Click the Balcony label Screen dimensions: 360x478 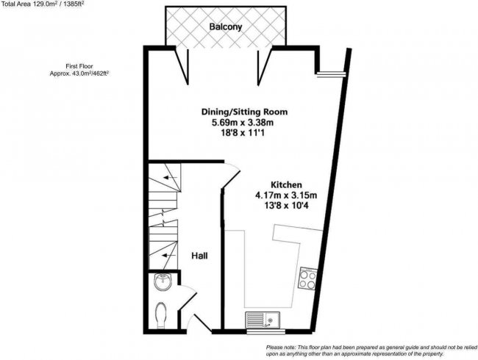[226, 27]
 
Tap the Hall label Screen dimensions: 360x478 [199, 256]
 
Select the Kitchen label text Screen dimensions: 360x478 [285, 184]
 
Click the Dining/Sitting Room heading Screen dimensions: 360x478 [244, 112]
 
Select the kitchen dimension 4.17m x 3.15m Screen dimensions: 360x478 [285, 195]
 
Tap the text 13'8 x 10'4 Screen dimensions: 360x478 [285, 206]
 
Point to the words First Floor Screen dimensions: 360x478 [79, 65]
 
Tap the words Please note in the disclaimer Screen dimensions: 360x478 [283, 347]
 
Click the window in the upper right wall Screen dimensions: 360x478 [332, 73]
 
